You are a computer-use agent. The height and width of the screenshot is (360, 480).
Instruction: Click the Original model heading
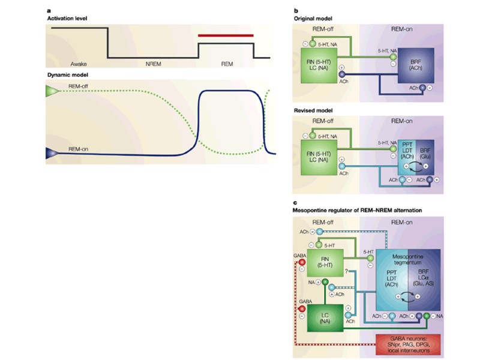311,19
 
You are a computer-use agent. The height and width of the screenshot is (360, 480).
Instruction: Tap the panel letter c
293,202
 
